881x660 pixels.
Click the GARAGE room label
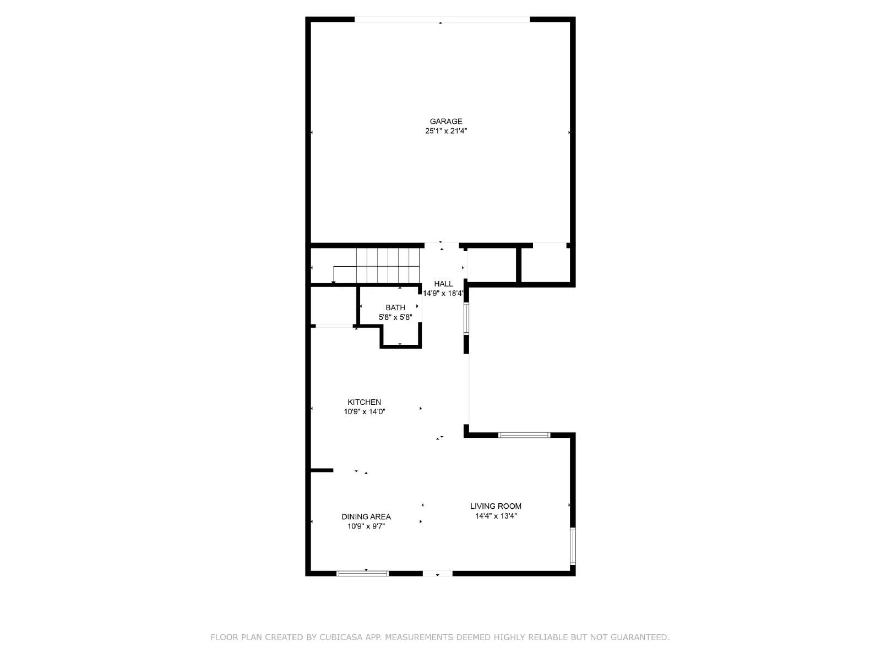[x=446, y=121]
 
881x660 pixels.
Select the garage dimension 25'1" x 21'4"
[x=446, y=131]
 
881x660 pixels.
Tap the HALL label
[x=443, y=284]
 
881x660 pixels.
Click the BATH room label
[x=395, y=307]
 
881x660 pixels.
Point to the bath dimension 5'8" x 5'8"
[x=395, y=317]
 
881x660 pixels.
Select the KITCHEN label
[x=364, y=402]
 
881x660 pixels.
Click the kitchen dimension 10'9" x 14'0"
[x=364, y=411]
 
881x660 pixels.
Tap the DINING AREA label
[x=366, y=516]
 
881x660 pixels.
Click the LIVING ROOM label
[x=496, y=506]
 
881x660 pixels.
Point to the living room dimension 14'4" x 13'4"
[x=496, y=516]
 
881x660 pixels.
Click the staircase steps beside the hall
[x=388, y=265]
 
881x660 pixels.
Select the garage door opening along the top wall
[x=442, y=20]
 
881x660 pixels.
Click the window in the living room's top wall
[x=524, y=435]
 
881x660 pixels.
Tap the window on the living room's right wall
[x=573, y=546]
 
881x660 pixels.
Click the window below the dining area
[x=362, y=574]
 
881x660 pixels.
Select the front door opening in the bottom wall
[x=438, y=574]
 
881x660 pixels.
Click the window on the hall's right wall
[x=466, y=318]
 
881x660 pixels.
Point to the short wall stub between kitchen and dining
[x=322, y=470]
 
